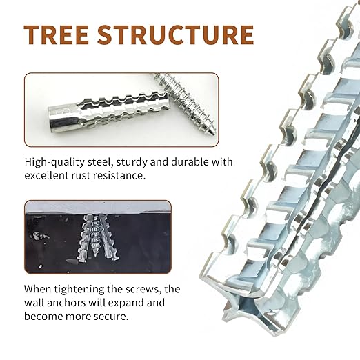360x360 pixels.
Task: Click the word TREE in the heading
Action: tap(57, 34)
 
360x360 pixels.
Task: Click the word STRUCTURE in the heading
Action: tap(176, 34)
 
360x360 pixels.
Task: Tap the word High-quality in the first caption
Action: tap(54, 162)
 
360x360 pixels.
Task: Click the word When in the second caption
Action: tap(37, 289)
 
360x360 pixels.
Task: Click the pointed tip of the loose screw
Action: tap(214, 132)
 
